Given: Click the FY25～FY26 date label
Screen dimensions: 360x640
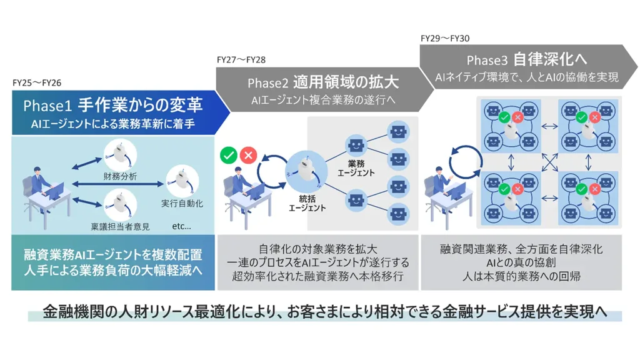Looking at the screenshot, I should (x=37, y=82).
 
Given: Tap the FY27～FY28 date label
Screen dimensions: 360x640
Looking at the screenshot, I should (x=241, y=60).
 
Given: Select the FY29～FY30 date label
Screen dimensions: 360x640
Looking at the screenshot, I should (x=445, y=38).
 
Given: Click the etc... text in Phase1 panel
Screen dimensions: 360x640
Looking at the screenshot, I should (x=181, y=226).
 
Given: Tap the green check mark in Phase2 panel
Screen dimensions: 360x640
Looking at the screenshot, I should (x=229, y=155).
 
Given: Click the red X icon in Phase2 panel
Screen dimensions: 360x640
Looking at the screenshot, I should (x=249, y=155).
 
